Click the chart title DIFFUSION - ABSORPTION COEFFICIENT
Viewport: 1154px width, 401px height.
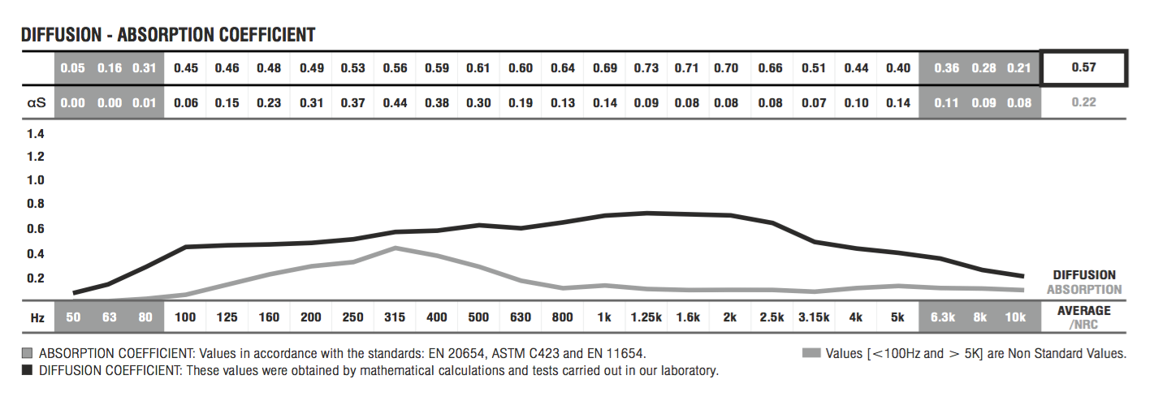coord(168,34)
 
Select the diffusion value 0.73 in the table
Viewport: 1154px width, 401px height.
coord(646,67)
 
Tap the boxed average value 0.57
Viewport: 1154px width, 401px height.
coord(1083,67)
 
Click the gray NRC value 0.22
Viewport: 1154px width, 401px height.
coord(1083,102)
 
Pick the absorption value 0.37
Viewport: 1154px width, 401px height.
coord(352,102)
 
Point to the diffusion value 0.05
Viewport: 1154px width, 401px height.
coord(72,67)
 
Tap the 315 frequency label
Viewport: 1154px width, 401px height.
coord(395,317)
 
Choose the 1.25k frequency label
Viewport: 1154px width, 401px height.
coord(646,317)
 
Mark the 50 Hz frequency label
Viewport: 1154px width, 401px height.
coord(72,317)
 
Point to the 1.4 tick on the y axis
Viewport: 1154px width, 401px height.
coord(36,133)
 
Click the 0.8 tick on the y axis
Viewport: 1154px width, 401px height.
coord(36,204)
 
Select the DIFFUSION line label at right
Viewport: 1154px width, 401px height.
coord(1084,275)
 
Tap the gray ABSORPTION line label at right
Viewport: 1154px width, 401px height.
coord(1084,289)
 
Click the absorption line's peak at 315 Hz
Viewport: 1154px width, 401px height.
coord(395,248)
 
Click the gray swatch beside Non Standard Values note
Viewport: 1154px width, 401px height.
coord(810,353)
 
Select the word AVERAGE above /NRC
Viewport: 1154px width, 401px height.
coord(1083,310)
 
